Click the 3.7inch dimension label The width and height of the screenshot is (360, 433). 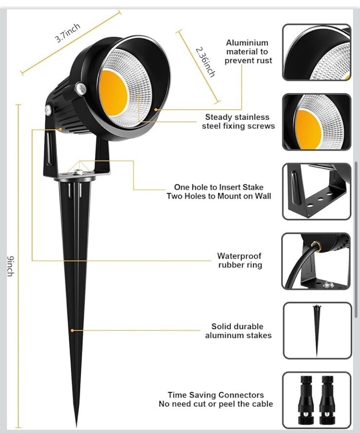click(x=68, y=33)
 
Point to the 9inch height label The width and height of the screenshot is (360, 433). click(x=10, y=266)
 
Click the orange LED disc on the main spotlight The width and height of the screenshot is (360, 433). click(x=113, y=93)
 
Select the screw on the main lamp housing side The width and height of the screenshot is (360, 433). click(x=80, y=89)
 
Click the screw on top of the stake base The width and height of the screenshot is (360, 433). click(x=78, y=172)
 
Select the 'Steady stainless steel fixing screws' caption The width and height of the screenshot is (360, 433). click(x=238, y=121)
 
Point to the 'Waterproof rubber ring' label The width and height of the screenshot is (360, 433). click(x=240, y=260)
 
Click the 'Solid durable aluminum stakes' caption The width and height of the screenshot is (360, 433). click(x=238, y=331)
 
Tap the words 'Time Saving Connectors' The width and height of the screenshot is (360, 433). click(x=216, y=395)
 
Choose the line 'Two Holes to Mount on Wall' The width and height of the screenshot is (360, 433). click(x=219, y=197)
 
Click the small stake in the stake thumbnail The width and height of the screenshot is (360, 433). click(x=317, y=330)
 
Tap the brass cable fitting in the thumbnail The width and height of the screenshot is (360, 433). click(x=316, y=246)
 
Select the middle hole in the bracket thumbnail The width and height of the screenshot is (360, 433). click(x=320, y=199)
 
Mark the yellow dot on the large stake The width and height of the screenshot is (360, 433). click(x=72, y=330)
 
